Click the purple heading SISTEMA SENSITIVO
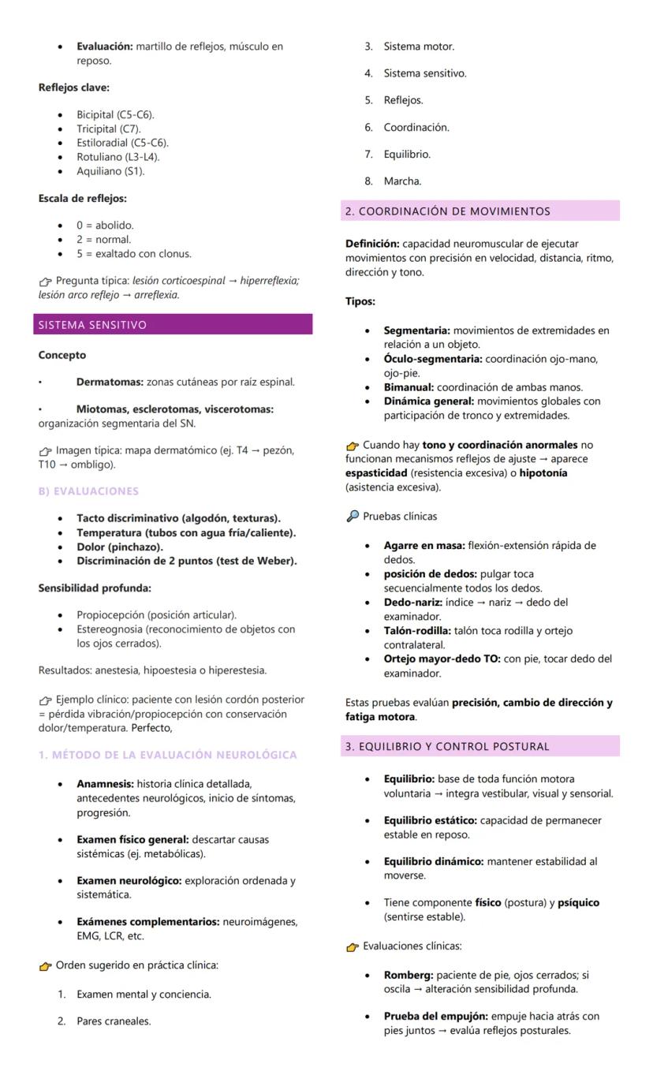tap(92, 325)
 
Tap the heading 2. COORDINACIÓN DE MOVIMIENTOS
tap(447, 211)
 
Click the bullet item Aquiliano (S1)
tap(110, 171)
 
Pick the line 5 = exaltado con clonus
tap(133, 254)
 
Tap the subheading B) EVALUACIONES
tap(88, 491)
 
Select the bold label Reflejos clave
tap(73, 88)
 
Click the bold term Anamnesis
tap(105, 784)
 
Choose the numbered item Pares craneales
tap(114, 1021)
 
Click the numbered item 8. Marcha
tap(402, 181)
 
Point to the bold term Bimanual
tap(408, 387)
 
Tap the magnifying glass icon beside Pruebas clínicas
tap(352, 517)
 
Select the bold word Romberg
tap(408, 976)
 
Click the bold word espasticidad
tap(376, 473)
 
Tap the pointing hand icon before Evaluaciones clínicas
tap(353, 947)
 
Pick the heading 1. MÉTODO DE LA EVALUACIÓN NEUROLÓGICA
tap(168, 755)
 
